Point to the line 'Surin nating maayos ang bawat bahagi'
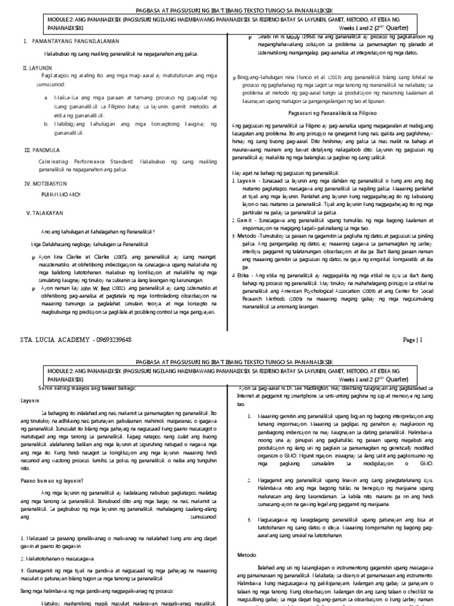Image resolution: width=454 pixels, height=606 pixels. tap(79, 388)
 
